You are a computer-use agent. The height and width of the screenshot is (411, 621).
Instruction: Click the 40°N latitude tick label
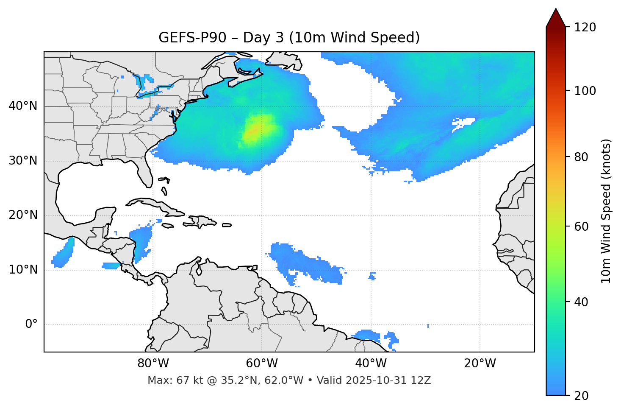(23, 106)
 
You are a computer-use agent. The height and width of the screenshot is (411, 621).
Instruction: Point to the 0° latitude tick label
(31, 324)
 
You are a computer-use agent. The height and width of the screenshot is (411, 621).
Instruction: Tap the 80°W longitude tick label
(153, 363)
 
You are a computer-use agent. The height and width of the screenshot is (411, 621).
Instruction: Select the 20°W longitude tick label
(480, 363)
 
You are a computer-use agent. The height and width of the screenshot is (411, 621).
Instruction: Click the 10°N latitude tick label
(23, 270)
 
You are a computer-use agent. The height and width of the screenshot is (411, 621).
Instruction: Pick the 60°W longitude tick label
(262, 363)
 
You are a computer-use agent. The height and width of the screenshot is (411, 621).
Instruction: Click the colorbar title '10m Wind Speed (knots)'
(606, 211)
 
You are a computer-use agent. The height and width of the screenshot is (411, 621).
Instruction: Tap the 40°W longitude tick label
(371, 363)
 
